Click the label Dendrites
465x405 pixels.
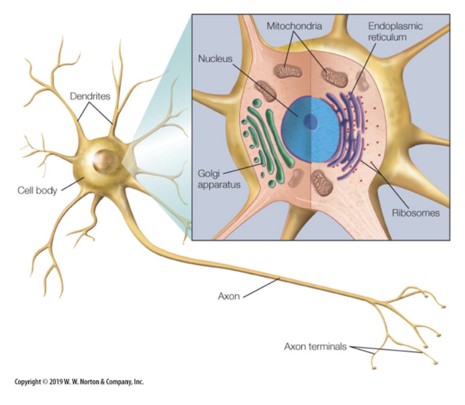coord(90,96)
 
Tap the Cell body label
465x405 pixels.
coord(36,190)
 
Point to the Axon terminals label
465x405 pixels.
coord(315,347)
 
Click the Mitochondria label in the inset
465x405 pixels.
coord(294,26)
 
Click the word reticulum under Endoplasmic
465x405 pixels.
coord(391,37)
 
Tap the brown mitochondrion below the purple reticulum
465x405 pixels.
coord(321,181)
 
